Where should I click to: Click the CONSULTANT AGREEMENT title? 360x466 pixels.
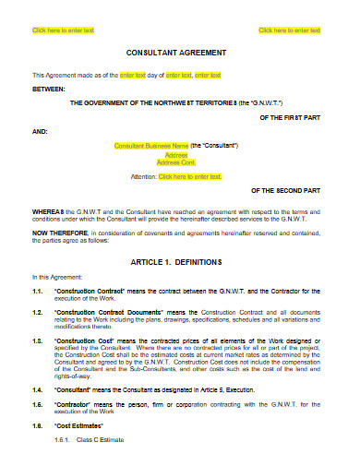pyautogui.click(x=180, y=53)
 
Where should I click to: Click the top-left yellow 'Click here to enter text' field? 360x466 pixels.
pyautogui.click(x=63, y=30)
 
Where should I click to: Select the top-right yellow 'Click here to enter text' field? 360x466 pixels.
pyautogui.click(x=290, y=30)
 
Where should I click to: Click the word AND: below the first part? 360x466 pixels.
pyautogui.click(x=40, y=131)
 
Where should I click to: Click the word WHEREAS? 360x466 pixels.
pyautogui.click(x=47, y=210)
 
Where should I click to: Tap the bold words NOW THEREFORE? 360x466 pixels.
pyautogui.click(x=58, y=233)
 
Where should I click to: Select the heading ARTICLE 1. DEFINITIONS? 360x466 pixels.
pyautogui.click(x=179, y=261)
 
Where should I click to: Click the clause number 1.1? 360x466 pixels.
pyautogui.click(x=38, y=291)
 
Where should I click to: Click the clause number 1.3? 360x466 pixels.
pyautogui.click(x=38, y=340)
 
